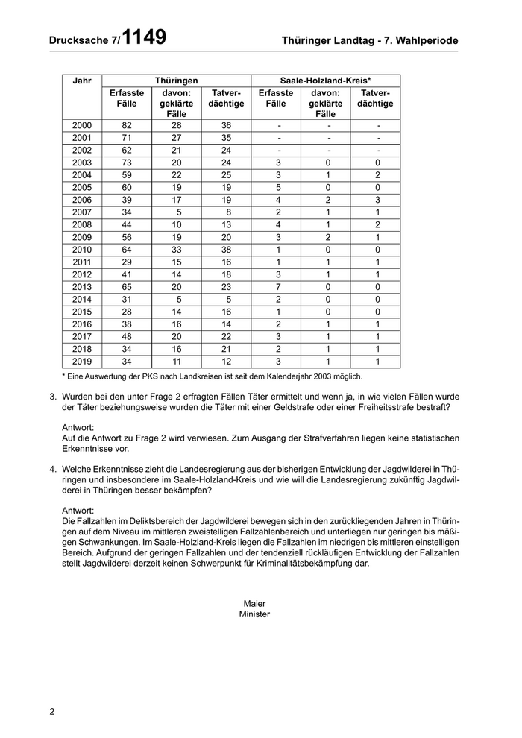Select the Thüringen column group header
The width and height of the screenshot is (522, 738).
coord(176,80)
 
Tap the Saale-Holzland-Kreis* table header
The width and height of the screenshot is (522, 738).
coord(325,80)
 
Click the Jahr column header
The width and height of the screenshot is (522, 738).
coord(81,80)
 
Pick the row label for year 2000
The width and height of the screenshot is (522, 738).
coord(81,125)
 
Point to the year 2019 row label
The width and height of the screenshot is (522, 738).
coord(81,362)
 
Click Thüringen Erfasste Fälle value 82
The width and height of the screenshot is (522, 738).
coord(126,125)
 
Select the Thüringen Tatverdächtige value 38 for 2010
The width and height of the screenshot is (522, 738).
coord(226,250)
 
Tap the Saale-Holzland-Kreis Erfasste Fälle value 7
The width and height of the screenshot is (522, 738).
coord(276,287)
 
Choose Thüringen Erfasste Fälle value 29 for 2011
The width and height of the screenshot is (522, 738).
coord(126,262)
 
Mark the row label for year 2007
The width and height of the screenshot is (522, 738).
coord(81,212)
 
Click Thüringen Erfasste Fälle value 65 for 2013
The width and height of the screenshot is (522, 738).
coord(126,287)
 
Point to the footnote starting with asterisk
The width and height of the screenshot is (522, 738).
coord(212,376)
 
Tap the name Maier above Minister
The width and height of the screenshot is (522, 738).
coord(254,603)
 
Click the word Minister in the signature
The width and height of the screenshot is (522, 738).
coord(254,614)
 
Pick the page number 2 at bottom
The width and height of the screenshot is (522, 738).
coord(52,711)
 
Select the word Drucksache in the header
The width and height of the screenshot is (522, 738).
coord(80,40)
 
